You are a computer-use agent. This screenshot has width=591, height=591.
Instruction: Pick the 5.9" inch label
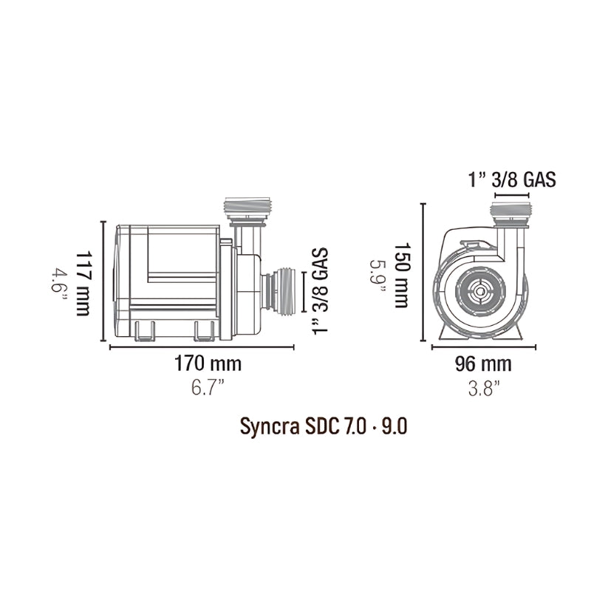point(378,276)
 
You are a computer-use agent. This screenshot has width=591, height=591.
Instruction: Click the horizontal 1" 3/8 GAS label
point(511,179)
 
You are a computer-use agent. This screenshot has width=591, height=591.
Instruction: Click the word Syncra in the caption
point(267,428)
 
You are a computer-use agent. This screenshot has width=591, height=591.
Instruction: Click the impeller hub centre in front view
point(481,293)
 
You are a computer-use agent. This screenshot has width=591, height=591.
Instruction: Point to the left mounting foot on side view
point(146,332)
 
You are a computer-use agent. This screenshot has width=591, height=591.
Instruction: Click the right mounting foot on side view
point(204,332)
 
